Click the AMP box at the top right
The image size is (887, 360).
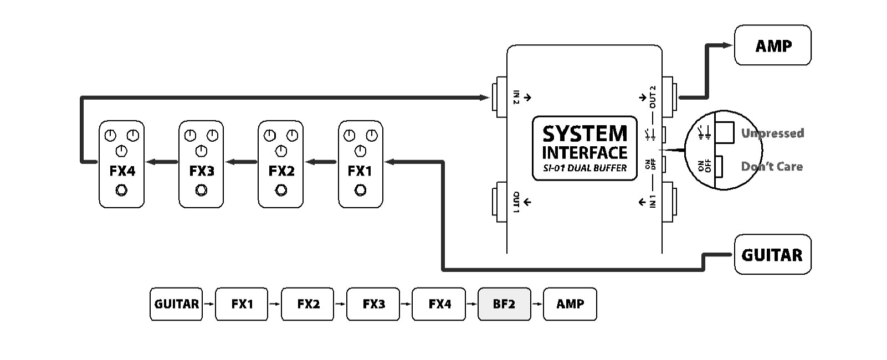tap(772, 45)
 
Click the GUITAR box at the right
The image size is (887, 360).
tap(772, 255)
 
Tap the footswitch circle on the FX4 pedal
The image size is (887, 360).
tap(121, 191)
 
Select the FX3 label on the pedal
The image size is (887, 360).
tap(201, 171)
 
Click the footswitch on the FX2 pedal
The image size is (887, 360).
tap(281, 191)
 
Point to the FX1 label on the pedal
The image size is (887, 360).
tap(360, 171)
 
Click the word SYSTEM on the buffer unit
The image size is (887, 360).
tap(585, 134)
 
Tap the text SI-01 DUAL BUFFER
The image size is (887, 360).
tap(585, 168)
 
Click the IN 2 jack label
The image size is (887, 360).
tap(516, 97)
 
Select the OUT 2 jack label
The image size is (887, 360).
tap(653, 97)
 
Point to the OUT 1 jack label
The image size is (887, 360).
tap(516, 202)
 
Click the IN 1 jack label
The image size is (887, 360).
tap(653, 202)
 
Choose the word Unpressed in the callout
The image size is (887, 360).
tap(772, 133)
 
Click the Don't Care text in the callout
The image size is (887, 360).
tap(772, 166)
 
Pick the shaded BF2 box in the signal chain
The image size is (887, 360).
tap(504, 304)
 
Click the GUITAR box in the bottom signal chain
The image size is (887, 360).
tap(176, 304)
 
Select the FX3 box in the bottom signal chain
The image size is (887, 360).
tap(373, 304)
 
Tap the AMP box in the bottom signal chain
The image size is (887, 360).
tap(570, 304)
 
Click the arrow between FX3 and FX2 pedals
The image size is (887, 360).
tap(240, 162)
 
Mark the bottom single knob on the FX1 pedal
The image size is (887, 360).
tap(360, 150)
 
